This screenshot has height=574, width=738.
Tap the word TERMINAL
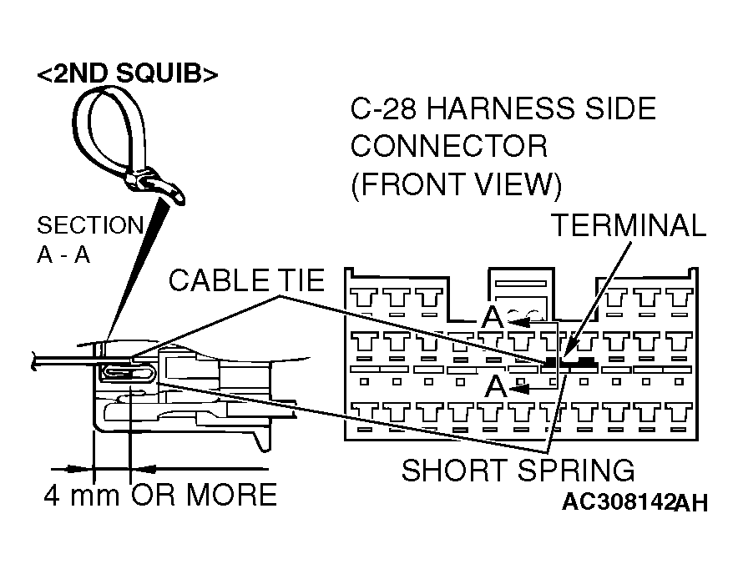[629, 225]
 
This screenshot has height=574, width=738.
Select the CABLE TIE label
[245, 280]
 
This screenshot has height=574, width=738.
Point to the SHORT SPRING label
[518, 471]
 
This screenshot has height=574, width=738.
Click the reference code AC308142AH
[634, 502]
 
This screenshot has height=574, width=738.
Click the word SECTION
[90, 226]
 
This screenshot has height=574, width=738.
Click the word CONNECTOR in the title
[449, 146]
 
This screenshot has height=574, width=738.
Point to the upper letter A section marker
[492, 317]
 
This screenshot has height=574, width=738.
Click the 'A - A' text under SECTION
[63, 255]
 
